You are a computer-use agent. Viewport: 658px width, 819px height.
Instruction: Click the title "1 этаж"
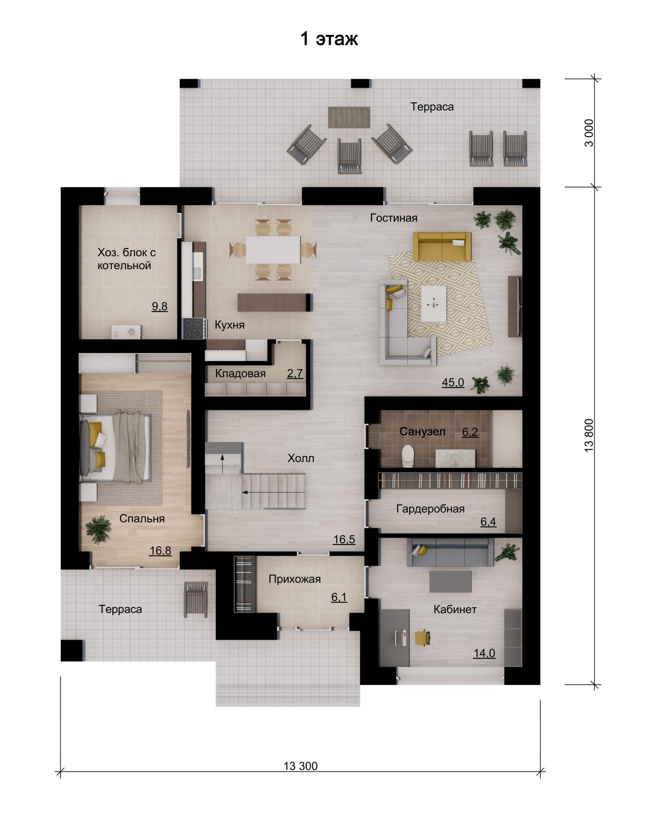tap(329, 39)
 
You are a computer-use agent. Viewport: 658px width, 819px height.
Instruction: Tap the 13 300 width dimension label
tap(301, 766)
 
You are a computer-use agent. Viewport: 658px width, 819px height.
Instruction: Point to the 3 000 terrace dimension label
tap(589, 133)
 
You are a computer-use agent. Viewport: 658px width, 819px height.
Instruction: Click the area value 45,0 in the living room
tap(453, 382)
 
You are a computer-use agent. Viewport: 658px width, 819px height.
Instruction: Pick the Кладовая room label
tap(240, 374)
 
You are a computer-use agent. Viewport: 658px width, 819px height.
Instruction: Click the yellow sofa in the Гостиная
tap(442, 246)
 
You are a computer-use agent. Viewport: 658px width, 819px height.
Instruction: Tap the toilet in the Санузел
tap(408, 455)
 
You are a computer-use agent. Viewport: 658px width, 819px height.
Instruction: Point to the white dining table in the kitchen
tap(273, 250)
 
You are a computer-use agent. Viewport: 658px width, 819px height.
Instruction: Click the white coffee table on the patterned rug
tap(434, 303)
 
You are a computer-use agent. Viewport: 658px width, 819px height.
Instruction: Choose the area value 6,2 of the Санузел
tap(470, 432)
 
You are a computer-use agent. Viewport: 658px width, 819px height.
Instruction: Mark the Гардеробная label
tap(430, 508)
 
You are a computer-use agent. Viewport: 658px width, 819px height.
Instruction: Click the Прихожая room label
tap(294, 579)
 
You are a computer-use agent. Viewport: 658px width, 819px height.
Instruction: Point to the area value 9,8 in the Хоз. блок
tap(160, 306)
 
